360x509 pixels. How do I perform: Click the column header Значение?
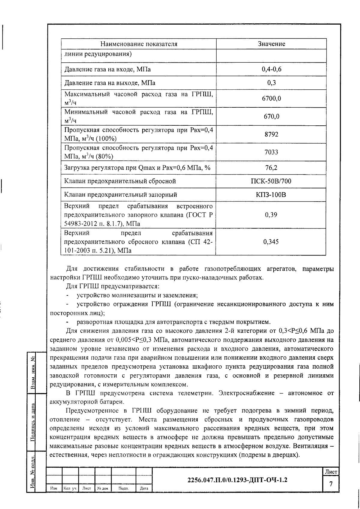click(271, 44)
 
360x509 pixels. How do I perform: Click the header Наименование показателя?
click(139, 44)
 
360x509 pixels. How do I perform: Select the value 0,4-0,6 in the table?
click(271, 69)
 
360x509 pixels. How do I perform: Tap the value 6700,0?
click(271, 98)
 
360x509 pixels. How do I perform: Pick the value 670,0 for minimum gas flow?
click(271, 116)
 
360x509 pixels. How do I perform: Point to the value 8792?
click(271, 134)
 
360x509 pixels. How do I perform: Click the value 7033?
click(271, 152)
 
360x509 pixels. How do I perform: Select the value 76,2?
click(271, 168)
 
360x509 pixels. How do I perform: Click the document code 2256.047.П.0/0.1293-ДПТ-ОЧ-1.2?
click(237, 480)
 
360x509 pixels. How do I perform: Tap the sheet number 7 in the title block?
click(331, 484)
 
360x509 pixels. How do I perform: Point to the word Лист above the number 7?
click(331, 472)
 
